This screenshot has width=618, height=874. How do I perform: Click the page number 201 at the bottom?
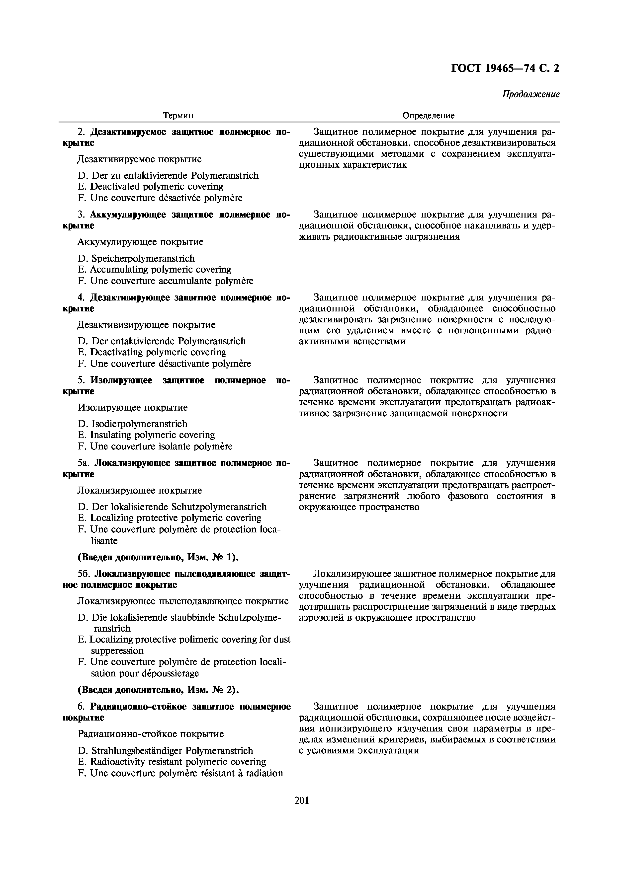(302, 800)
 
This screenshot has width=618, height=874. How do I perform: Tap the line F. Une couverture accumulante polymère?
(165, 281)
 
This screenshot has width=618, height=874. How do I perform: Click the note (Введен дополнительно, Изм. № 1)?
(158, 557)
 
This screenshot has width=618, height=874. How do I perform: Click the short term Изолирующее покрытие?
(133, 408)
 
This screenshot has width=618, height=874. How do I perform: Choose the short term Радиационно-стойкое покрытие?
(150, 734)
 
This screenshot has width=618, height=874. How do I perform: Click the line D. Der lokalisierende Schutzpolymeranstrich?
(172, 507)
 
